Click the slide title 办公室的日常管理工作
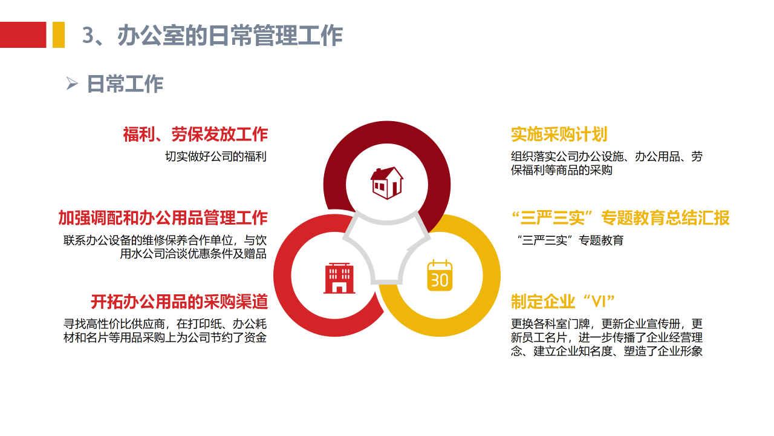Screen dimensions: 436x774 coord(230,36)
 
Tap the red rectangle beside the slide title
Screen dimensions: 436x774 coord(23,35)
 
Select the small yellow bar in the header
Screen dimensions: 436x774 coord(59,35)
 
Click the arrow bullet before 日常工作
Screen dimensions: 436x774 coord(72,84)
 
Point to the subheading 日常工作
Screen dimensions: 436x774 coord(125,84)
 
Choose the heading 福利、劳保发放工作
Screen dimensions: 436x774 coord(195,134)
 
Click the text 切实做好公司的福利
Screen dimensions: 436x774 coord(216,156)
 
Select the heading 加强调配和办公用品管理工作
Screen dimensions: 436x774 coord(163,217)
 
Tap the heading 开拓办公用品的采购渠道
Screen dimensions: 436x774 coord(179,301)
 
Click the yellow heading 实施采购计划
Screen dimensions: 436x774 coord(559,134)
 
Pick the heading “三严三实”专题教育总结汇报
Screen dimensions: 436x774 coord(620,217)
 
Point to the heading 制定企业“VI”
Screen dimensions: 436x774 coord(562,301)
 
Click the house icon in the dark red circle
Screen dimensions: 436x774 coord(387,182)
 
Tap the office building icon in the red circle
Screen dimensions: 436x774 coord(339,278)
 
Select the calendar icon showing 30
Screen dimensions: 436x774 coord(440,276)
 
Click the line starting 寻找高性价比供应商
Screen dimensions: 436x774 coord(165,324)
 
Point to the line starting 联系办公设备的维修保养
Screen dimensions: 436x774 coord(165,240)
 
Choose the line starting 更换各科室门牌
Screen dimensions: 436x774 coord(607,324)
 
